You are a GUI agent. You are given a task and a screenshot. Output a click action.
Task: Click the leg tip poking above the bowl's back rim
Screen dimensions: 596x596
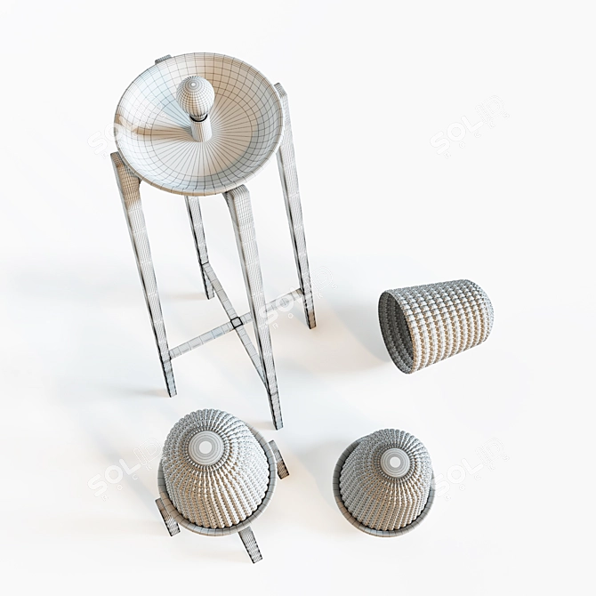(x=163, y=59)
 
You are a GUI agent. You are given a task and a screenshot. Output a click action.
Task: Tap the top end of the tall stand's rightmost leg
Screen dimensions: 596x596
(x=279, y=89)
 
